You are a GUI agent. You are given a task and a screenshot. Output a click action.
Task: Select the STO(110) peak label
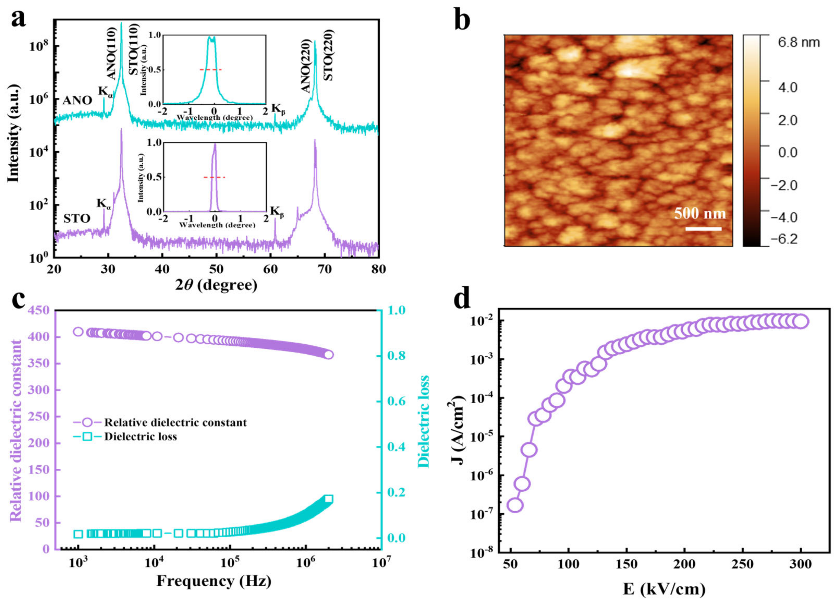pyautogui.click(x=134, y=50)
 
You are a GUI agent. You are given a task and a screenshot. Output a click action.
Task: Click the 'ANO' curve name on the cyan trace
pyautogui.click(x=77, y=100)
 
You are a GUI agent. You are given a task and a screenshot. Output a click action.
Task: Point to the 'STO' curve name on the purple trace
pyautogui.click(x=76, y=219)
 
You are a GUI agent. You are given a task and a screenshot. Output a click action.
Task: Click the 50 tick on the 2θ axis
pyautogui.click(x=216, y=269)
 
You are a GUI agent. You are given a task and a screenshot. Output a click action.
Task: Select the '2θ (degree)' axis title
pyautogui.click(x=216, y=285)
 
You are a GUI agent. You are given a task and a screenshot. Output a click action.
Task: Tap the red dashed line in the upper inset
pyautogui.click(x=211, y=69)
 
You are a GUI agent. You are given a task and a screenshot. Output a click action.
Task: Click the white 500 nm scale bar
pyautogui.click(x=703, y=229)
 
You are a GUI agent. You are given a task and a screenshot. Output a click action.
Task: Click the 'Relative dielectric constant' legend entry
pyautogui.click(x=175, y=422)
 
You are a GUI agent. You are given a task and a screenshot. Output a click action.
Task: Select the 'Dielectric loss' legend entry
pyautogui.click(x=140, y=437)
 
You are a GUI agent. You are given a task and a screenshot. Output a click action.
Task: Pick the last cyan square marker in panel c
pyautogui.click(x=328, y=499)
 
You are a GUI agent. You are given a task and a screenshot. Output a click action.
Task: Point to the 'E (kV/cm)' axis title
pyautogui.click(x=664, y=589)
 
